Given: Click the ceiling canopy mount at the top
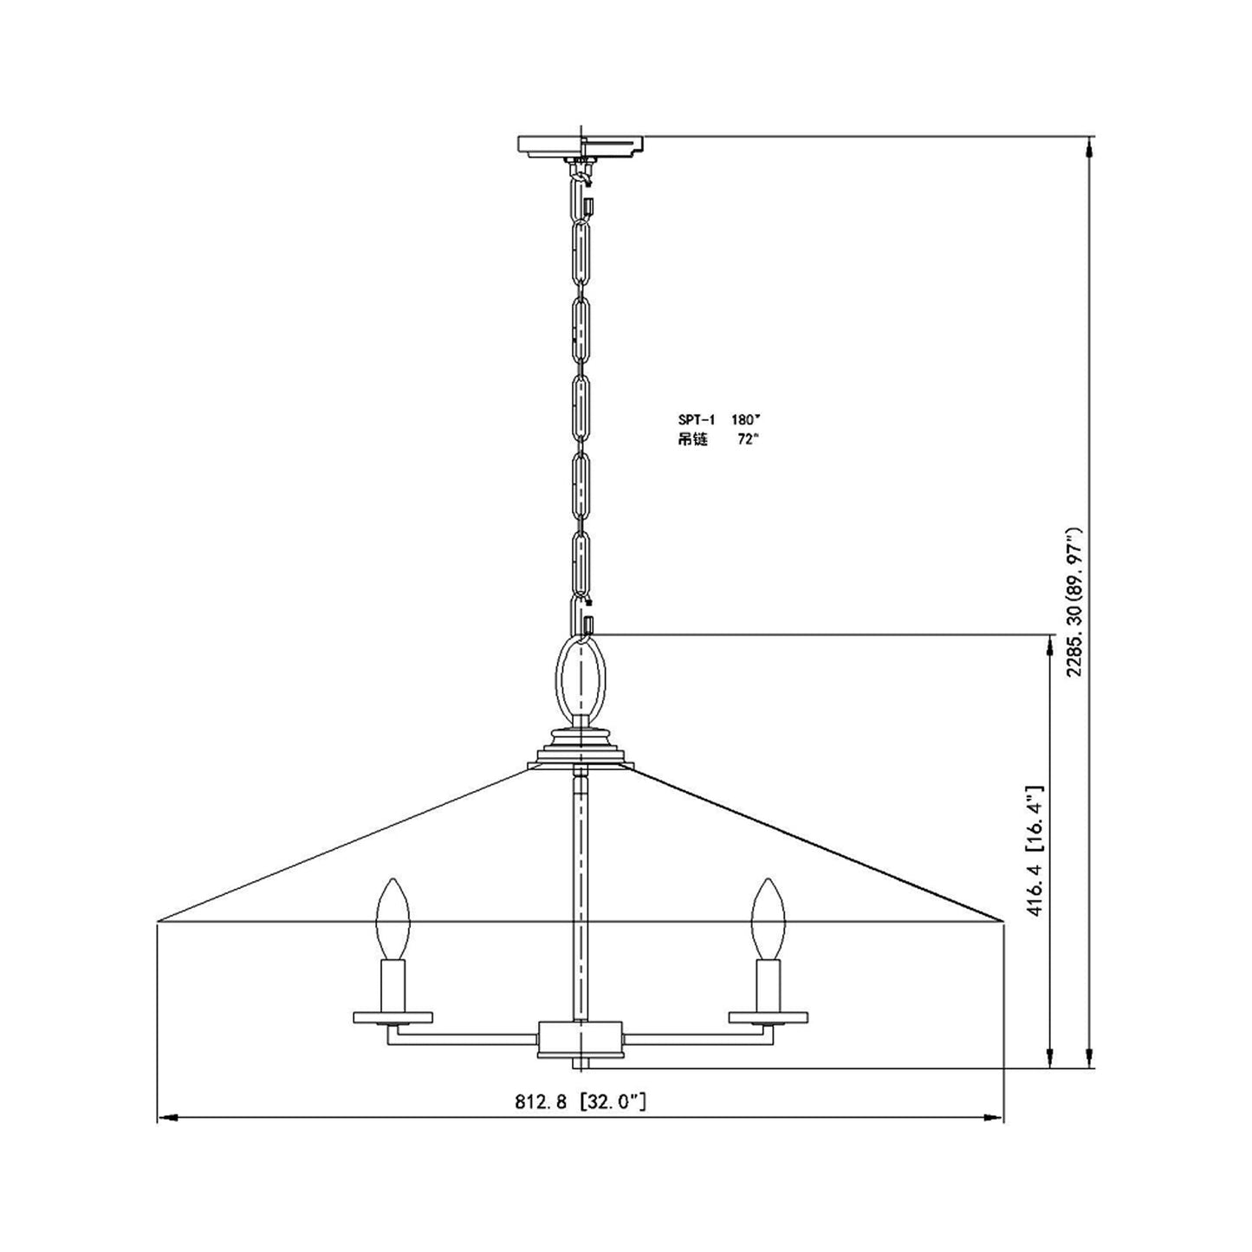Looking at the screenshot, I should tap(581, 146).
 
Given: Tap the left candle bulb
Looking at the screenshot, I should tap(392, 919).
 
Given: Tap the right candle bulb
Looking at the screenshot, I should tap(767, 919).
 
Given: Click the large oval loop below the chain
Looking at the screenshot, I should tap(581, 677).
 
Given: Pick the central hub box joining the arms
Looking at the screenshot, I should tap(580, 1038).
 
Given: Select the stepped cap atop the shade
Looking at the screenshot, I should tap(581, 747).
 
